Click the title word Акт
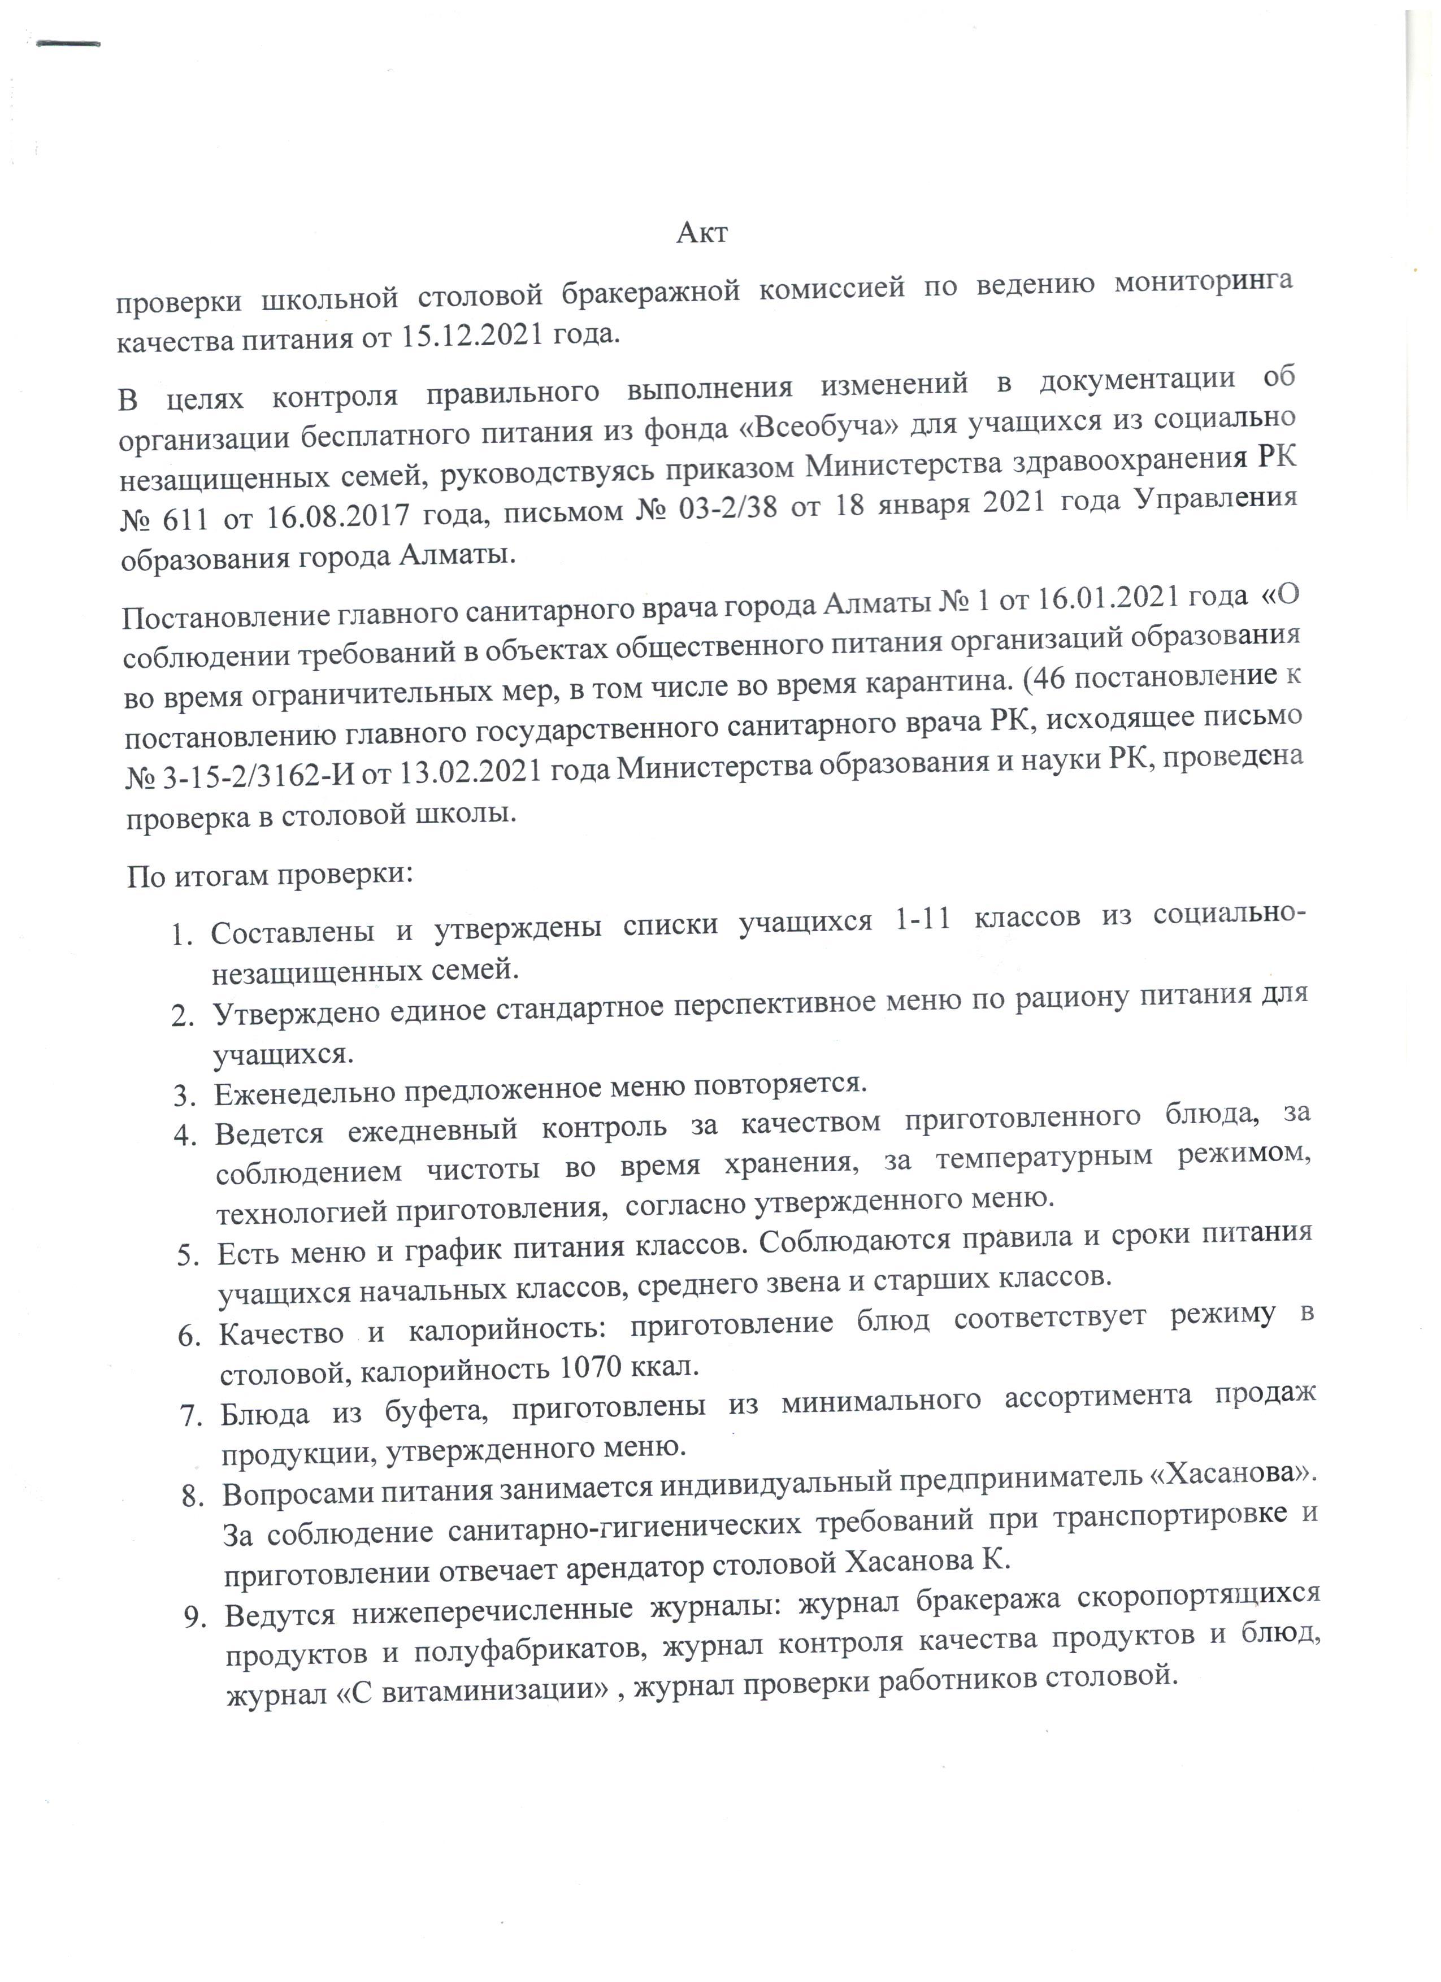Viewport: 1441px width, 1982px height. [702, 233]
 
